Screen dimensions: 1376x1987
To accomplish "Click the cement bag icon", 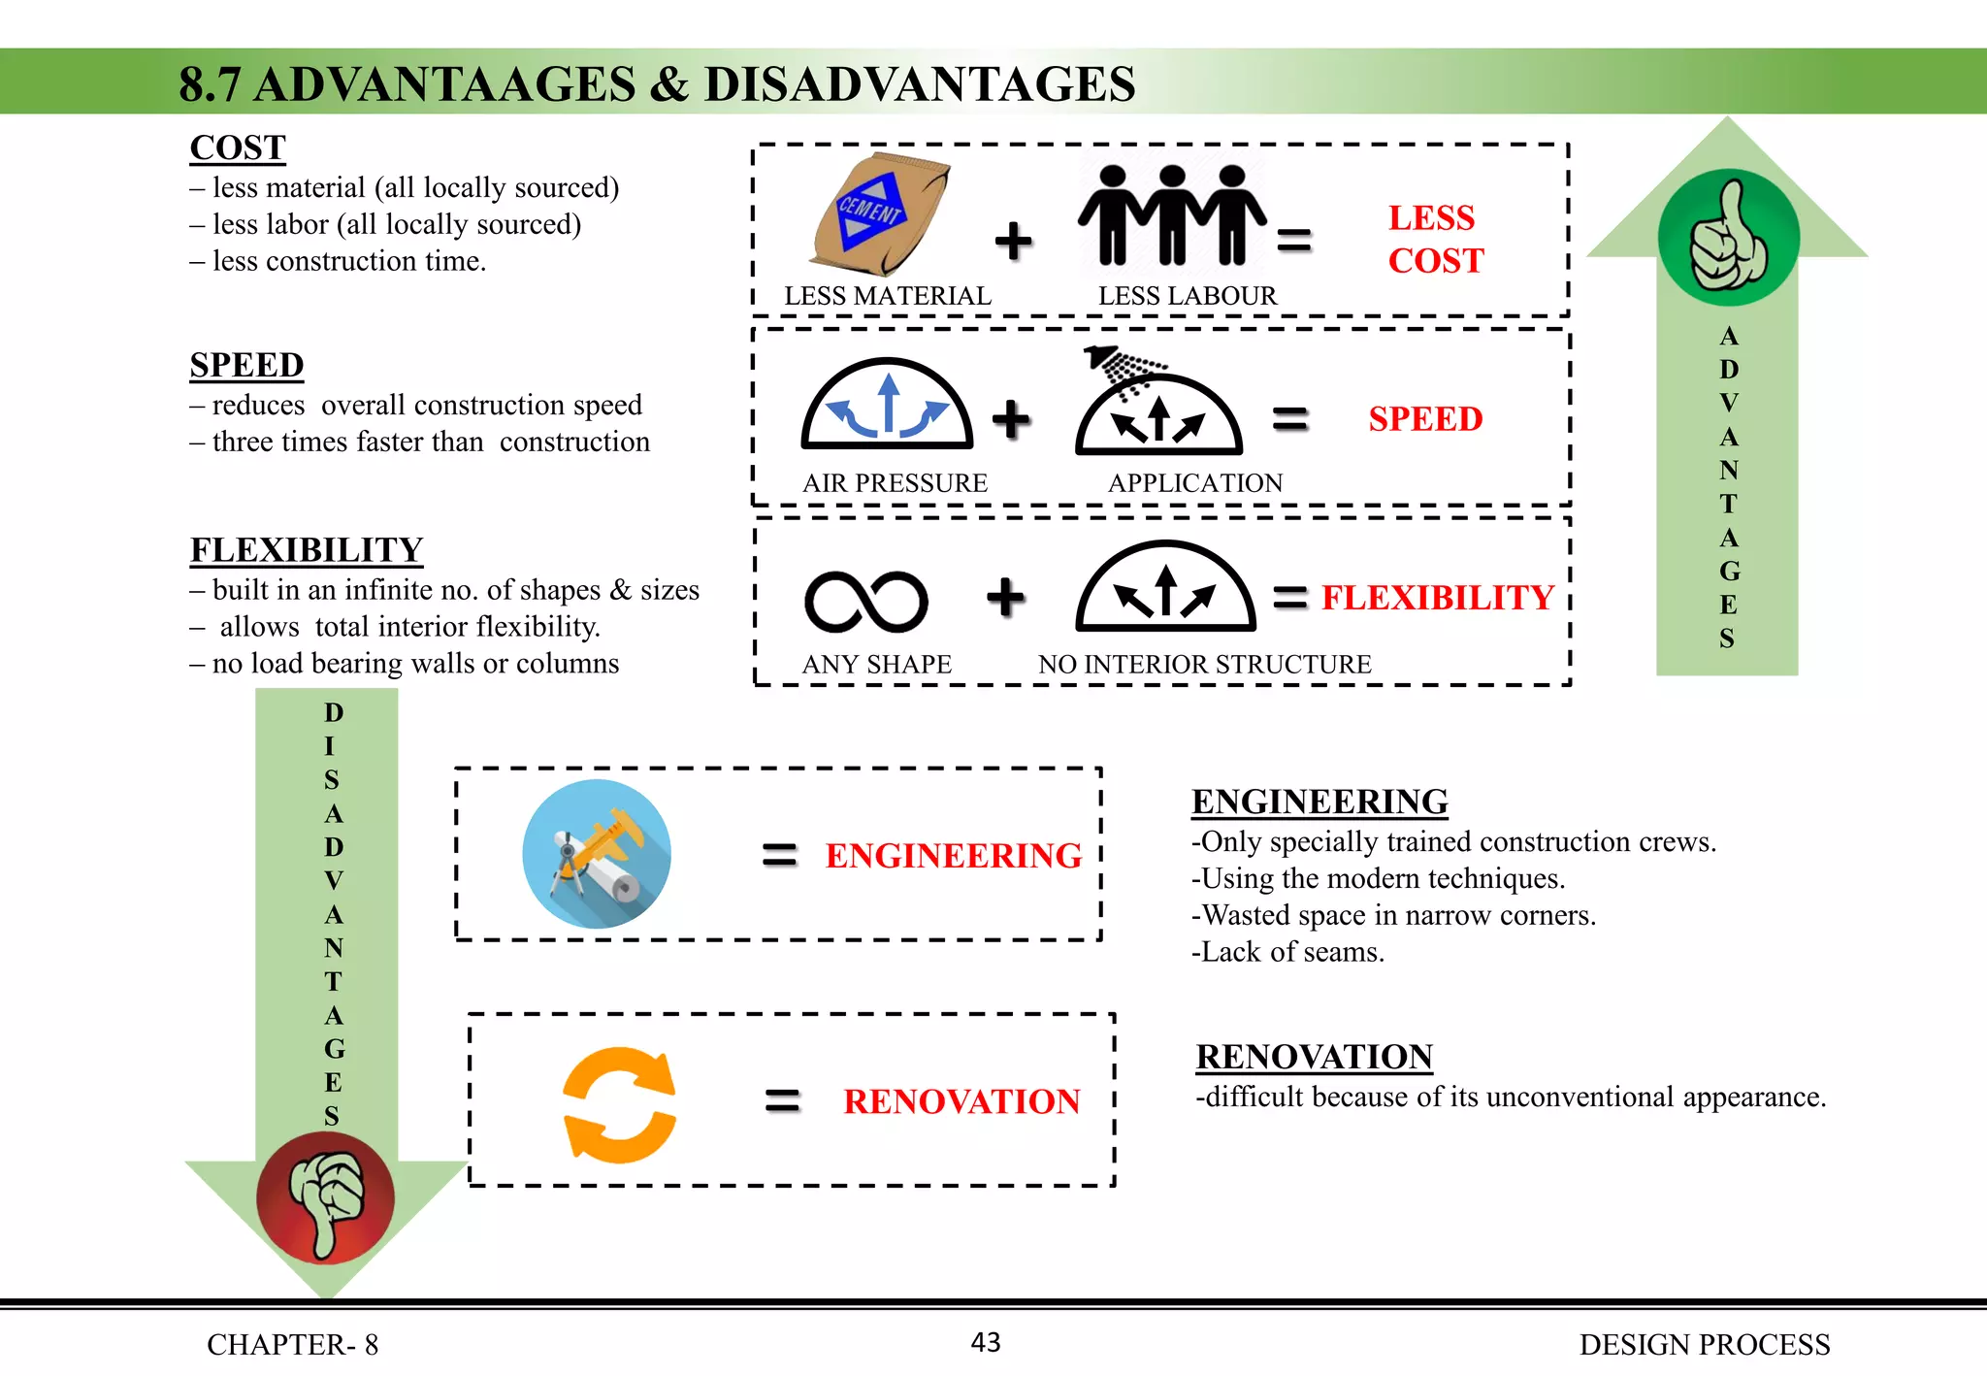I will [x=879, y=214].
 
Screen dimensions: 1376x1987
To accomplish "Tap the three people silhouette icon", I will [x=1172, y=214].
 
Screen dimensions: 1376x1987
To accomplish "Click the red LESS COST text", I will [x=1435, y=239].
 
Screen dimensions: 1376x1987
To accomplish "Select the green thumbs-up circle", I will [x=1728, y=238].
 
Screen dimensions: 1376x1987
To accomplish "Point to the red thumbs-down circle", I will [x=325, y=1198].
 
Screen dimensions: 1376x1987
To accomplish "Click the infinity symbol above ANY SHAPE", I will [x=865, y=602].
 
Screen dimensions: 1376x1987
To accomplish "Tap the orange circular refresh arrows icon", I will [x=619, y=1104].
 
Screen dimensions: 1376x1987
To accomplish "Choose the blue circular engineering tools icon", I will [x=597, y=854].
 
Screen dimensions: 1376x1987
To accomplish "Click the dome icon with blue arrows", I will [x=887, y=405].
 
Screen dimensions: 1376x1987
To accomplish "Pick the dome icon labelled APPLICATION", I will [x=1158, y=412].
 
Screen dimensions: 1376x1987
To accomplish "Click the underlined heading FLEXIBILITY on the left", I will [x=307, y=550].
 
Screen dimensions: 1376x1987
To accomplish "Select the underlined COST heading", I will [x=238, y=147].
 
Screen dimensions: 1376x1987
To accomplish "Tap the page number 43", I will [x=986, y=1342].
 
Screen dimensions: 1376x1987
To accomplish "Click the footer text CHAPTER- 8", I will [x=292, y=1344].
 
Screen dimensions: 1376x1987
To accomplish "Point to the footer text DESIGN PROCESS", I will [x=1704, y=1344].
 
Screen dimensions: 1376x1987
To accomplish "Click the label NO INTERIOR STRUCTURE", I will [x=1204, y=664].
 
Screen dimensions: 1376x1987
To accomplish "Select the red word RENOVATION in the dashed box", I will [x=961, y=1101].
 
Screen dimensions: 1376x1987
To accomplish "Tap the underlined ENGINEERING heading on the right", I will [x=1319, y=802].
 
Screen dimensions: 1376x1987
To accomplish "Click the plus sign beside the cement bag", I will [x=1014, y=241].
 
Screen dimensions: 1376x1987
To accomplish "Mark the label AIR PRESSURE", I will [x=895, y=483].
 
